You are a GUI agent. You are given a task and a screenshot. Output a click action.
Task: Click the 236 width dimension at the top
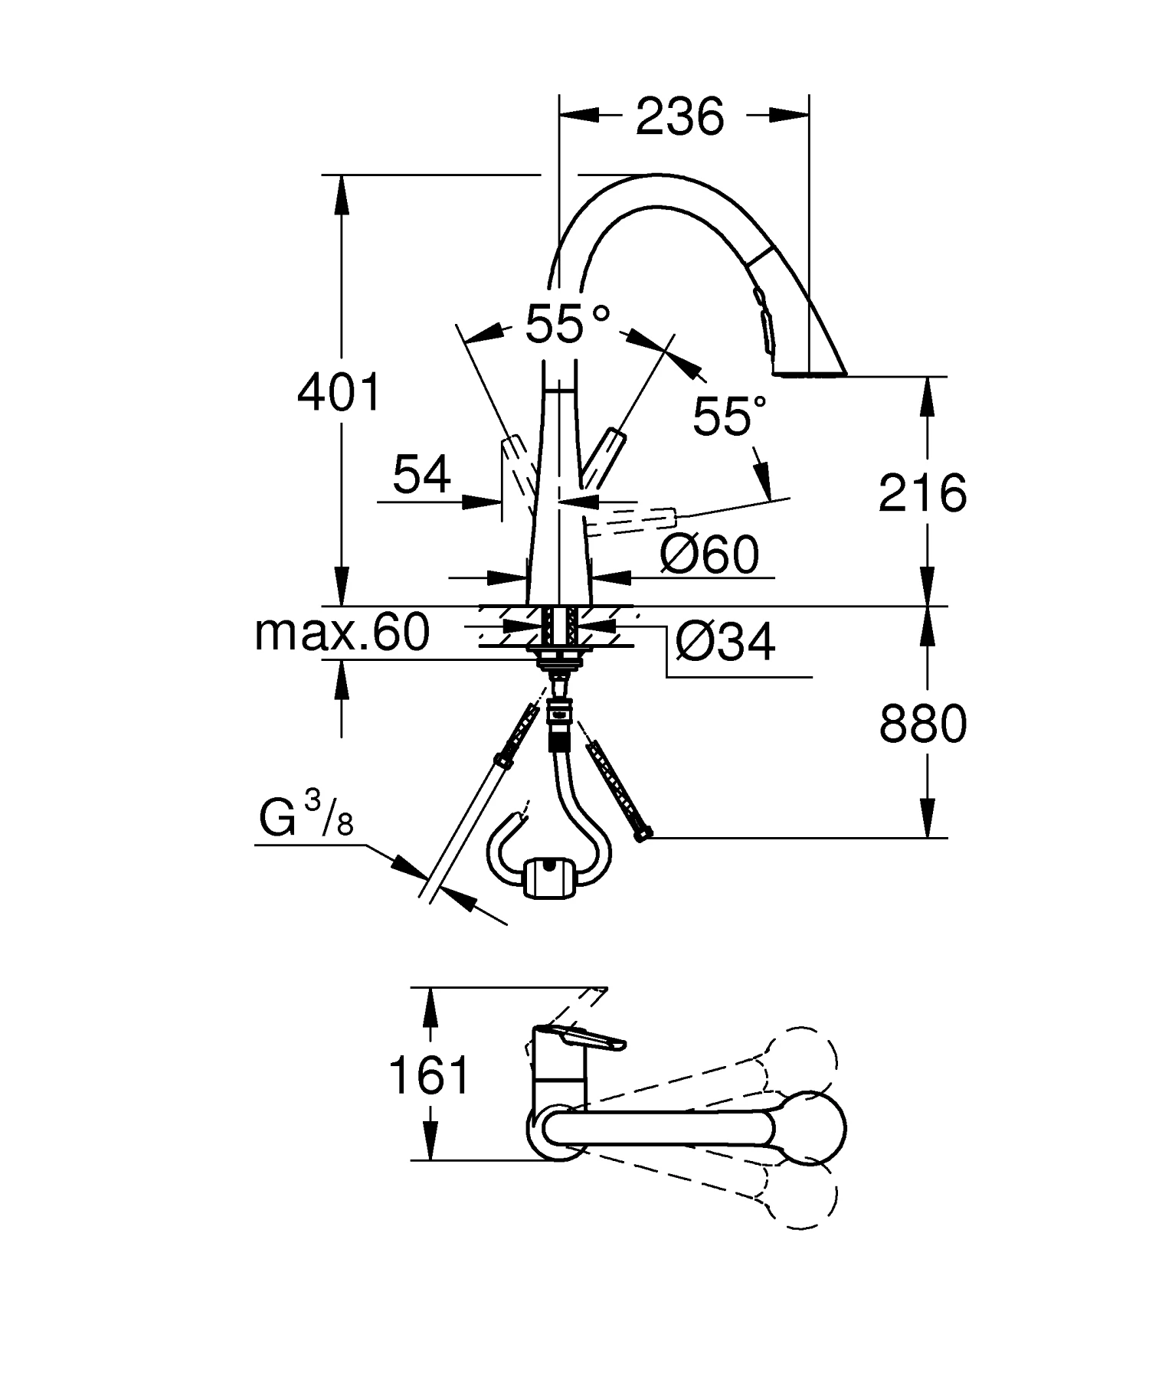point(679,117)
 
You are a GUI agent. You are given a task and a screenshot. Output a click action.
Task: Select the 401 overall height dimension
point(339,393)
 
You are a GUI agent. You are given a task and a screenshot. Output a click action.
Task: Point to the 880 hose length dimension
point(922,724)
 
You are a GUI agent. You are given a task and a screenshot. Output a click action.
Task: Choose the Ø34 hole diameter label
point(725,641)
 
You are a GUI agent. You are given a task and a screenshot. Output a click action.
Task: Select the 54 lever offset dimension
point(421,474)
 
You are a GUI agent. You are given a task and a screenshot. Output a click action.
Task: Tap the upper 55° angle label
point(567,323)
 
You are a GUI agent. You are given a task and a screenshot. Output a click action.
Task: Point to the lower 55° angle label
point(728,416)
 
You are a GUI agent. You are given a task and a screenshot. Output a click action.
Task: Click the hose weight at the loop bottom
point(547,875)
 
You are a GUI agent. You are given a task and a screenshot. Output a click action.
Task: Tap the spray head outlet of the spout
point(810,373)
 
